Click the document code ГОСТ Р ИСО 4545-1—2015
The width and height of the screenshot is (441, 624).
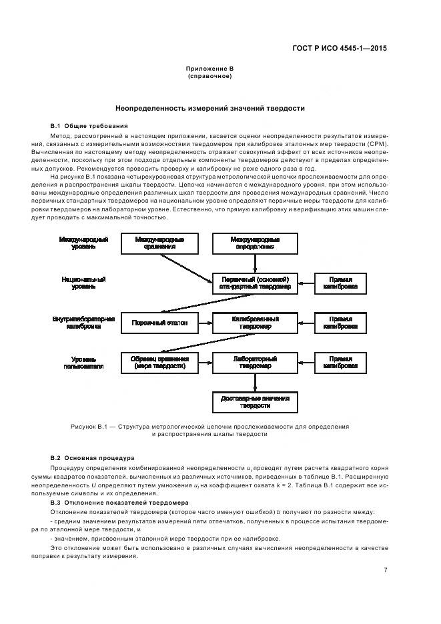340,48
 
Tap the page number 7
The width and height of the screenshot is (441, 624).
386,570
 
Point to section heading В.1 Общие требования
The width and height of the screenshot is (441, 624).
89,125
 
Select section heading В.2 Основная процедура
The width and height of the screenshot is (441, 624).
93,458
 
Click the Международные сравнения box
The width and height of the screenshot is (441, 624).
159,243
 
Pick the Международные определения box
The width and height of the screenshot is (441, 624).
255,243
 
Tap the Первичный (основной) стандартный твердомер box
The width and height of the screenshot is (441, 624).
255,283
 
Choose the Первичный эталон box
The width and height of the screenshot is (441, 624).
159,323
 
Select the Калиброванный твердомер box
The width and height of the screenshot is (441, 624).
255,323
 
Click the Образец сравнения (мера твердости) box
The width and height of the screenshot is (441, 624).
159,363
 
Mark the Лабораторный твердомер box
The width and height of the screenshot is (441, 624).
255,363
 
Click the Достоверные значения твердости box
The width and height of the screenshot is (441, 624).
255,402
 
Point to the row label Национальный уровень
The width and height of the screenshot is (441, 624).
83,283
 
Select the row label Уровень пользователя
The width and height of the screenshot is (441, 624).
83,363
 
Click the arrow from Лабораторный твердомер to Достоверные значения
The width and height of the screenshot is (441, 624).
255,383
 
